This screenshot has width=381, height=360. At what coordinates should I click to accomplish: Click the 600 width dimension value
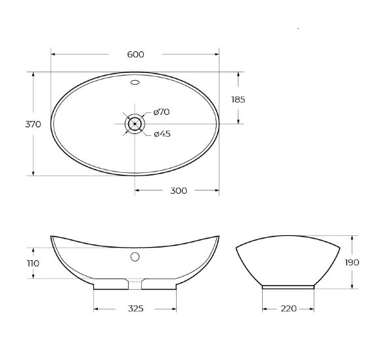[135, 54]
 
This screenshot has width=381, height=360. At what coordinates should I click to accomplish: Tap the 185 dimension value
[238, 99]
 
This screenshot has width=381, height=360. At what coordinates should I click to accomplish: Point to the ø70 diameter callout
[162, 112]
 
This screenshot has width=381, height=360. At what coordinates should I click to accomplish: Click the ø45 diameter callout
[162, 134]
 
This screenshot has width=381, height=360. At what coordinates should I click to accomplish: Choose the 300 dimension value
[178, 191]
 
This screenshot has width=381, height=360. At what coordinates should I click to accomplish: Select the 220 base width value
[289, 307]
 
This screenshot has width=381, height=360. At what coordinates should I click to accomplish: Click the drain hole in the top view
[135, 123]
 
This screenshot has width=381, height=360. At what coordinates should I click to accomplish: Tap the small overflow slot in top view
[135, 83]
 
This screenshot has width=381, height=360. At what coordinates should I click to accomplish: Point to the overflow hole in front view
[135, 257]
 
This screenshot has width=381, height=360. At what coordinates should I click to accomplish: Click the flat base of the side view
[289, 286]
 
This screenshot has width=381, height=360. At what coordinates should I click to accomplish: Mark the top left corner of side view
[236, 248]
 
